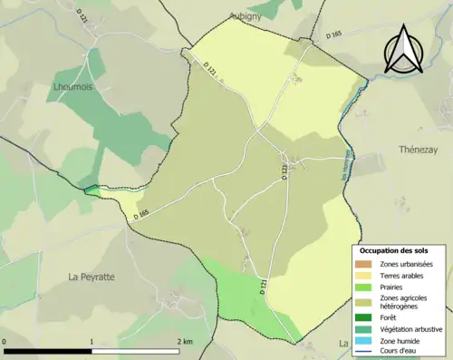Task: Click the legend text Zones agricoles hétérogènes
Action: pos(405,302)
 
